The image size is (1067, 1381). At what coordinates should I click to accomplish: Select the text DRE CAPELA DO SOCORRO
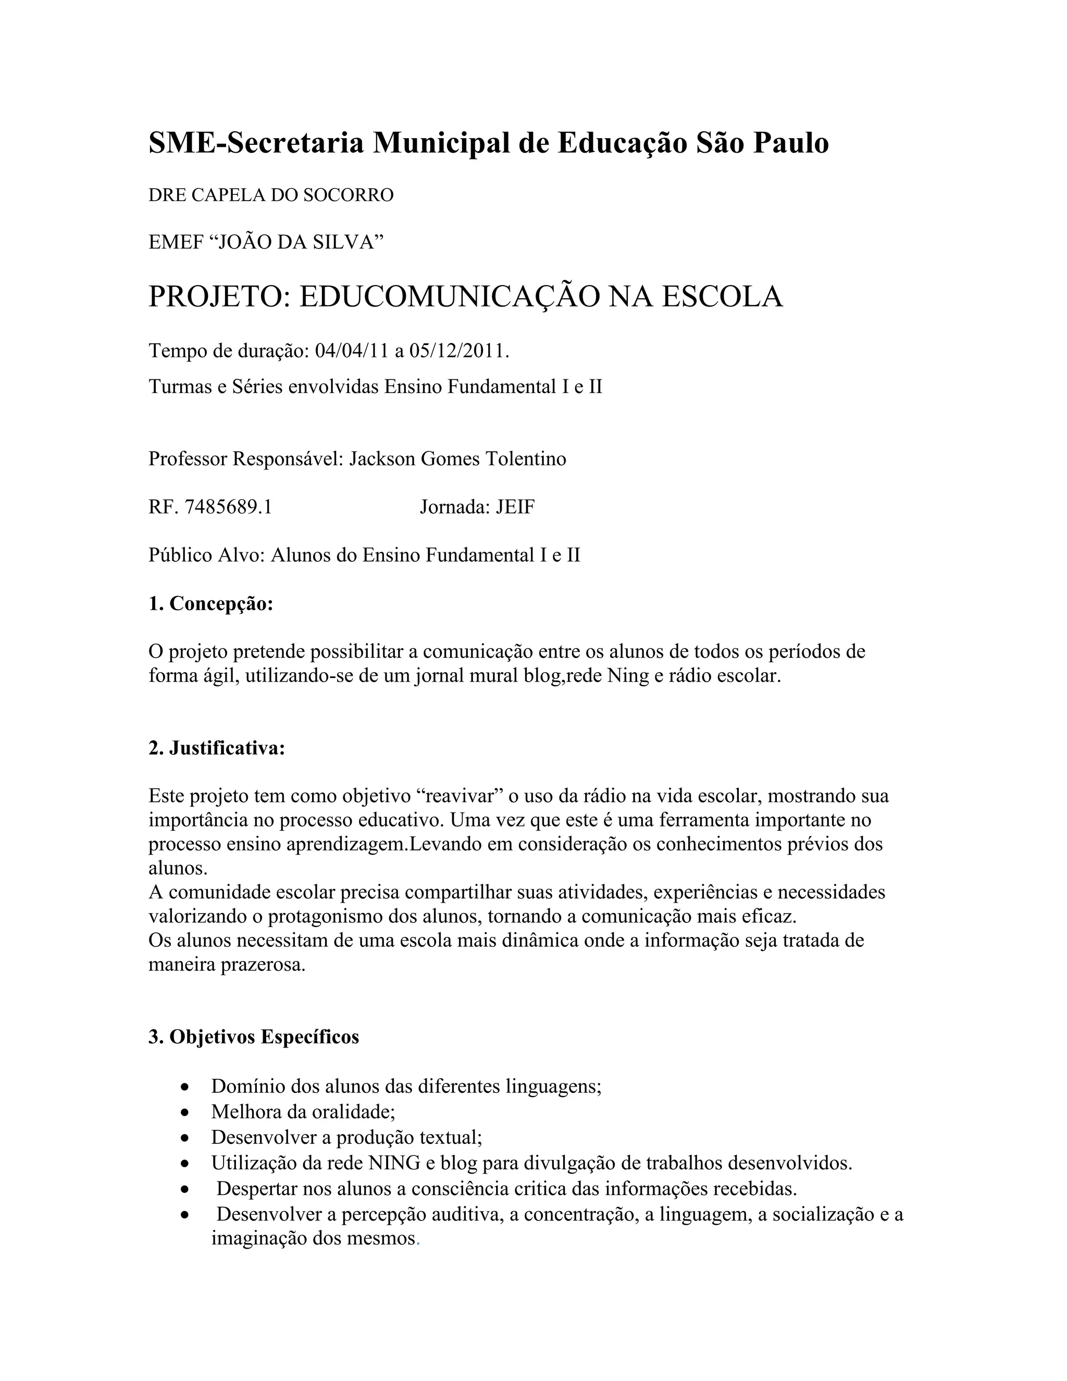[270, 195]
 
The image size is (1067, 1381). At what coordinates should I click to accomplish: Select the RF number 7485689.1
[228, 507]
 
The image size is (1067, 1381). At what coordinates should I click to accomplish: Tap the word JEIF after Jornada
[515, 507]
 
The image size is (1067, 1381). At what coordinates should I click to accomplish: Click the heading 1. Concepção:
[210, 604]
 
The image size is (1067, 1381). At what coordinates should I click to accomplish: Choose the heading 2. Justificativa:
[217, 749]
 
